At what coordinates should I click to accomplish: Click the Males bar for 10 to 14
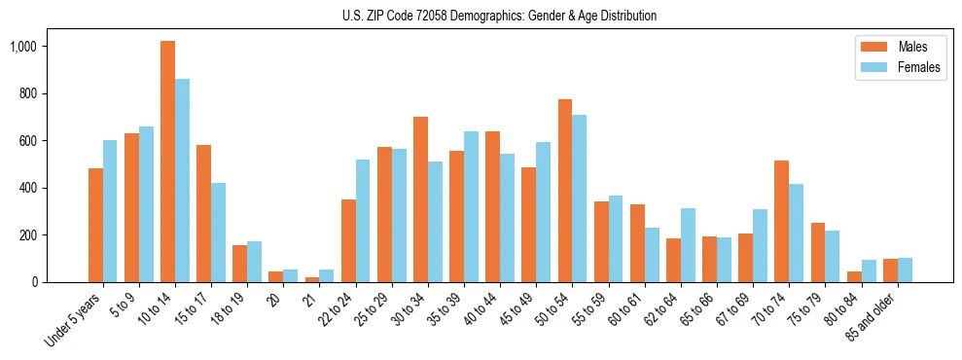[167, 162]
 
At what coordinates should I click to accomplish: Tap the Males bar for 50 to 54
[565, 191]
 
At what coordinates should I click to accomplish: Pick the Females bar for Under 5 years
[110, 211]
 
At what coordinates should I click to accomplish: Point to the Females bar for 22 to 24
[363, 221]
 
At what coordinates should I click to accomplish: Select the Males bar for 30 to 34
[420, 199]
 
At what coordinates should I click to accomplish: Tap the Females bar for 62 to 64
[688, 245]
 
